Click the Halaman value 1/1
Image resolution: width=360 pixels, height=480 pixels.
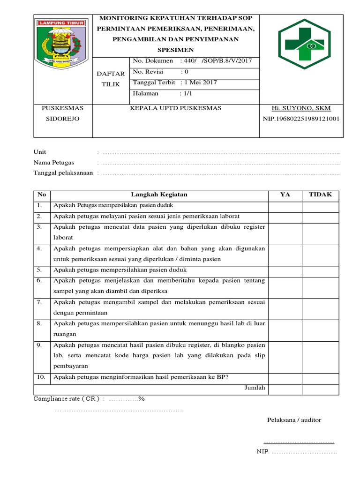(188, 93)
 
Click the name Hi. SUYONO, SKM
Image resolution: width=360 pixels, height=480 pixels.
(301, 108)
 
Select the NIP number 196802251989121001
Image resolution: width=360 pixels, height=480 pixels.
(301, 119)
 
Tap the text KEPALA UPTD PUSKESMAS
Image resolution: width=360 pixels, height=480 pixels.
(175, 108)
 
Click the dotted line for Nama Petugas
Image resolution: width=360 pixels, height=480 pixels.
(221, 163)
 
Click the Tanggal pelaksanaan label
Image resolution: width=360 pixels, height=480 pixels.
(63, 173)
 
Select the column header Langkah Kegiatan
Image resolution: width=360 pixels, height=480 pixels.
(159, 195)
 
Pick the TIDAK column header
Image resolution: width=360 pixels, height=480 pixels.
(320, 195)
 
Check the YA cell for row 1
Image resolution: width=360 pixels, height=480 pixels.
(285, 206)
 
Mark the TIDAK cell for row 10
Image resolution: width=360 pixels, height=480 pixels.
(320, 377)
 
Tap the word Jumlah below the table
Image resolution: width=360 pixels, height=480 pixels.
(255, 388)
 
